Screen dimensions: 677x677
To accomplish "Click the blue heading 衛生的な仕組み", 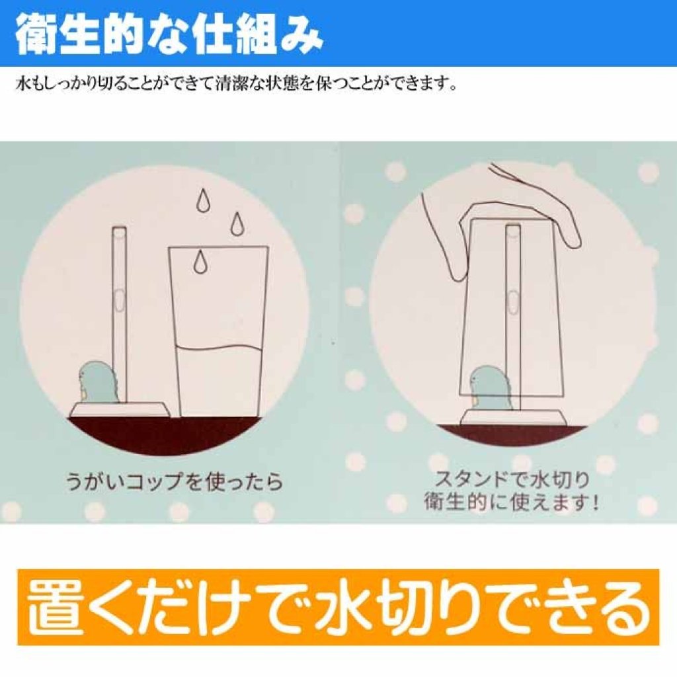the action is coord(169,34).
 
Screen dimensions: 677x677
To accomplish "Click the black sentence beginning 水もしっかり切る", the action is coord(236,83).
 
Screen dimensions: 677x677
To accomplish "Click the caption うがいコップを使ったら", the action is coord(174,481).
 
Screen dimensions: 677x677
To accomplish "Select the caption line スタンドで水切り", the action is coord(512,479).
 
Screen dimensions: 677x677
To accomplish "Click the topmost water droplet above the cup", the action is coord(202,201).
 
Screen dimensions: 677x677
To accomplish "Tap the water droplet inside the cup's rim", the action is coord(200,262).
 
